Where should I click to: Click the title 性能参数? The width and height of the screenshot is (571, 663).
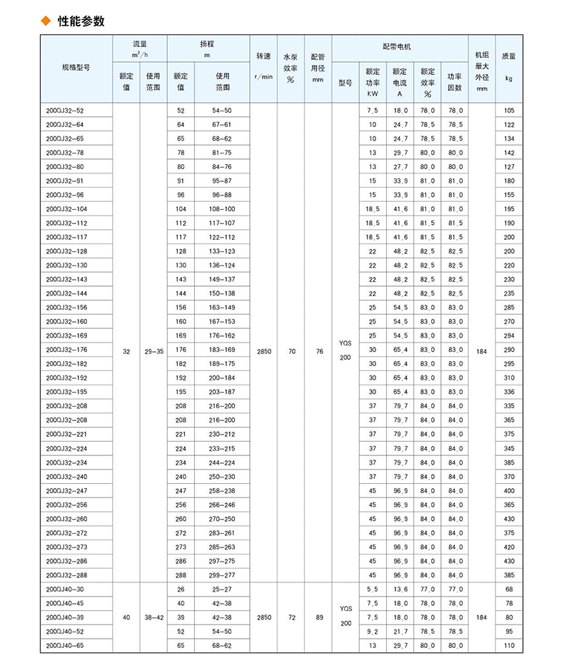(81, 21)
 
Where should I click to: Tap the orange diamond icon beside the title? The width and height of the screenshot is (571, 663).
(48, 21)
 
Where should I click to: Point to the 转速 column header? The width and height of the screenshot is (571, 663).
(263, 62)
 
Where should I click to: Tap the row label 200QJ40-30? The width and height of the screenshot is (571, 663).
(64, 589)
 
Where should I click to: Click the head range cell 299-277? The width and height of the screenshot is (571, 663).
(223, 575)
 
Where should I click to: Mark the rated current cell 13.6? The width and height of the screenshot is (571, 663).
(400, 589)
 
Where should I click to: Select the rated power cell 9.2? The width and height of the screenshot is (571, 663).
(372, 631)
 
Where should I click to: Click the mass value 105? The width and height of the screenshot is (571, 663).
(508, 111)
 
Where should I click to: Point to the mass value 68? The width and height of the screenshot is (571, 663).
(508, 589)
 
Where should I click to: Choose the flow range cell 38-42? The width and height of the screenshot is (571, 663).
(153, 617)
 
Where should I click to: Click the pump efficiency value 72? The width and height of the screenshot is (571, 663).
(290, 617)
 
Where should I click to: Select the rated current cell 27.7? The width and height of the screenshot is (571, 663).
(400, 167)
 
